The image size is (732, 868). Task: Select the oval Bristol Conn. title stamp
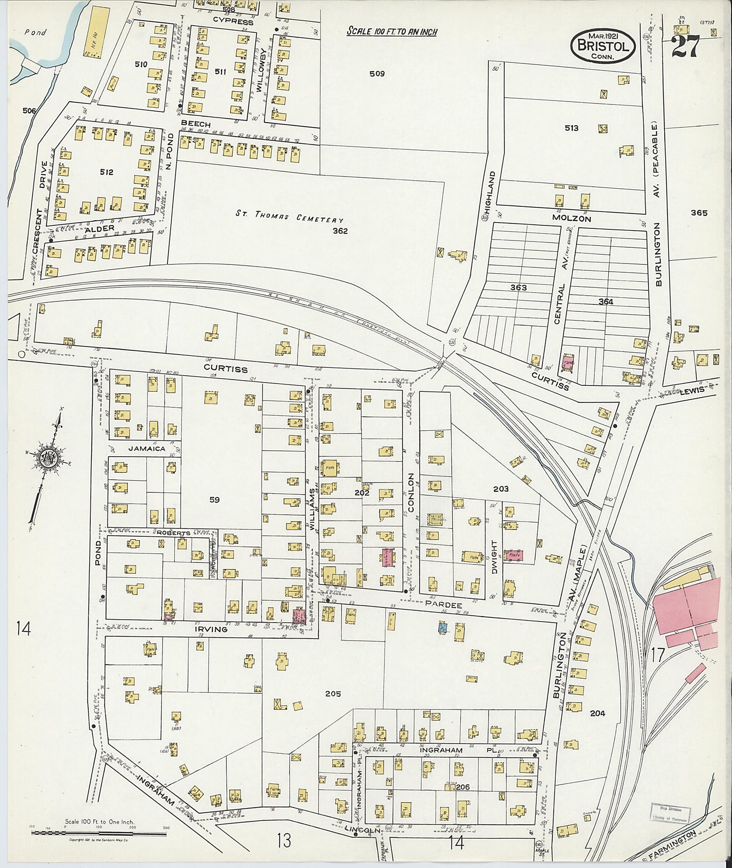603,45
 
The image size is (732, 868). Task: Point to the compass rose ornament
50,457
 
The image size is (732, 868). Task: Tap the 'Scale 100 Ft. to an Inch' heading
391,32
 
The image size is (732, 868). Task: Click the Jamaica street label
146,448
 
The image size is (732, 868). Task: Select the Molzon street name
571,219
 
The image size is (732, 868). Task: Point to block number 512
106,172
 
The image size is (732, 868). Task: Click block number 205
333,694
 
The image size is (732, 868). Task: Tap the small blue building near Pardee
442,628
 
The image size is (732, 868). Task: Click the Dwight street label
494,556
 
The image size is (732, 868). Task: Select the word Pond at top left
35,33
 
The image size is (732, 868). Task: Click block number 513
571,128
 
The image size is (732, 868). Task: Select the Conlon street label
411,492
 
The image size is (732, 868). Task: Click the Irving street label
211,629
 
